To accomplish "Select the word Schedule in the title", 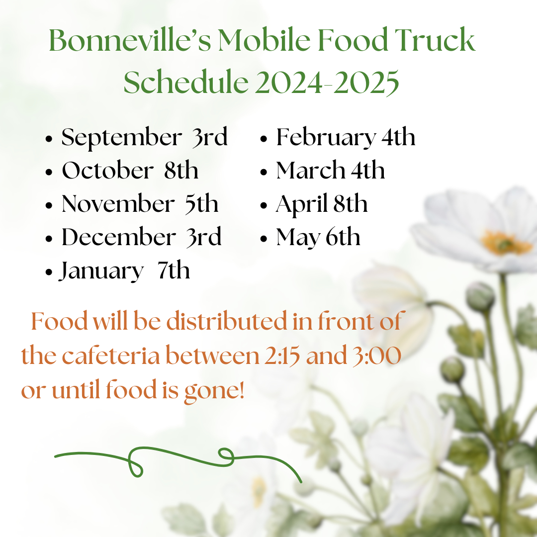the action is tap(186, 82).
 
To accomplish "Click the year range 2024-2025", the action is tap(327, 82).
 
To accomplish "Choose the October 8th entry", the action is tap(130, 170).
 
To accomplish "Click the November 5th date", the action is tap(140, 204).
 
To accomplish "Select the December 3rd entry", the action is tap(141, 237).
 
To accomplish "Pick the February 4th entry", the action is tap(346, 138).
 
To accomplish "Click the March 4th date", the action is tap(331, 170).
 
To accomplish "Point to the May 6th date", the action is tap(318, 238).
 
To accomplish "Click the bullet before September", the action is tap(49, 139).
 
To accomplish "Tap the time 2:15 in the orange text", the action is tap(282, 356).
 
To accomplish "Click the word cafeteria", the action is tap(110, 355).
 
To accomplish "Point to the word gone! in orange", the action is tap(214, 391).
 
